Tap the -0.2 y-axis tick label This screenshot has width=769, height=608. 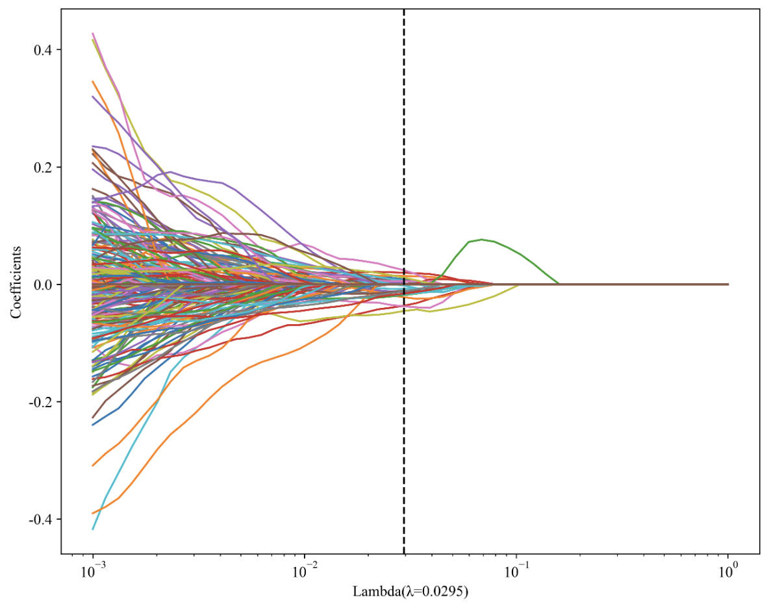41,402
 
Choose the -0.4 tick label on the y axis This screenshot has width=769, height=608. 41,519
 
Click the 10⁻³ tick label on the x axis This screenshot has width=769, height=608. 93,572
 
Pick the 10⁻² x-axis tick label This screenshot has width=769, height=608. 305,572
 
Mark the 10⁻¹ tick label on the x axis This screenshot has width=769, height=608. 516,572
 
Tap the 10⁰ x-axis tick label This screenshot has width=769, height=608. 728,572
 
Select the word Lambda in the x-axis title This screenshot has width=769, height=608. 371,592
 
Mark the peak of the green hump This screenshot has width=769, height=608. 481,239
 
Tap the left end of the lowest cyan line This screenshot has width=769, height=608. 94,529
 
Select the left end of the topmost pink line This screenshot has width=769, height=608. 94,33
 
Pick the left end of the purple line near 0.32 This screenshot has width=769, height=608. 94,97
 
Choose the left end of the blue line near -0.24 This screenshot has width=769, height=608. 94,425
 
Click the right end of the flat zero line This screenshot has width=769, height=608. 727,285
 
